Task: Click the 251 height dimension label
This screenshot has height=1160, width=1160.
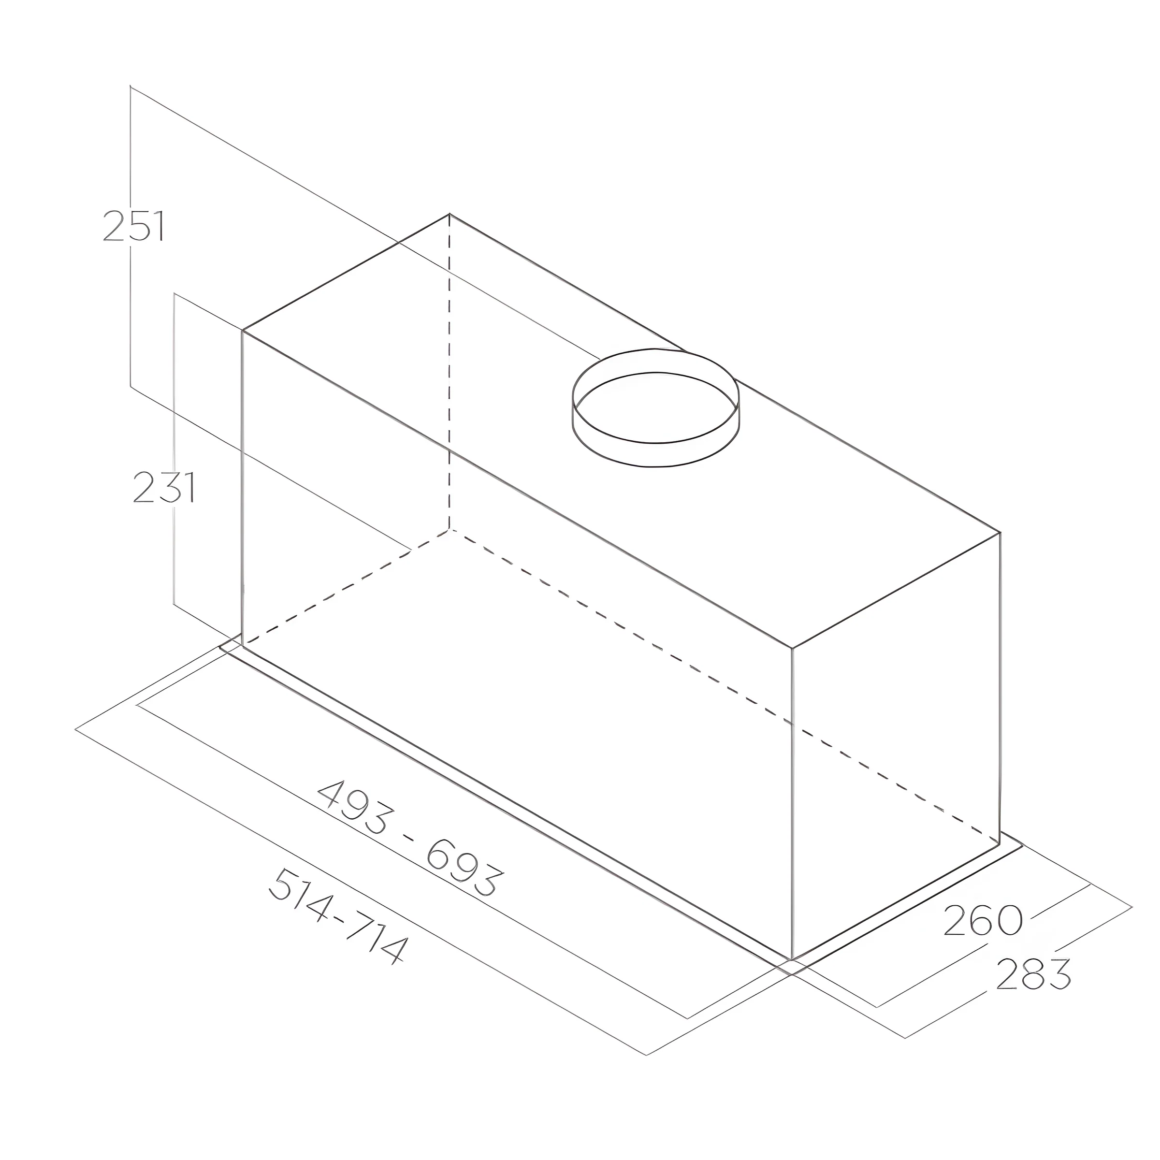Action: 133,226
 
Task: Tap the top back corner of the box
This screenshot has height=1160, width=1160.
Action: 449,214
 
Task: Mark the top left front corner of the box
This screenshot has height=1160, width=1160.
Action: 242,330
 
